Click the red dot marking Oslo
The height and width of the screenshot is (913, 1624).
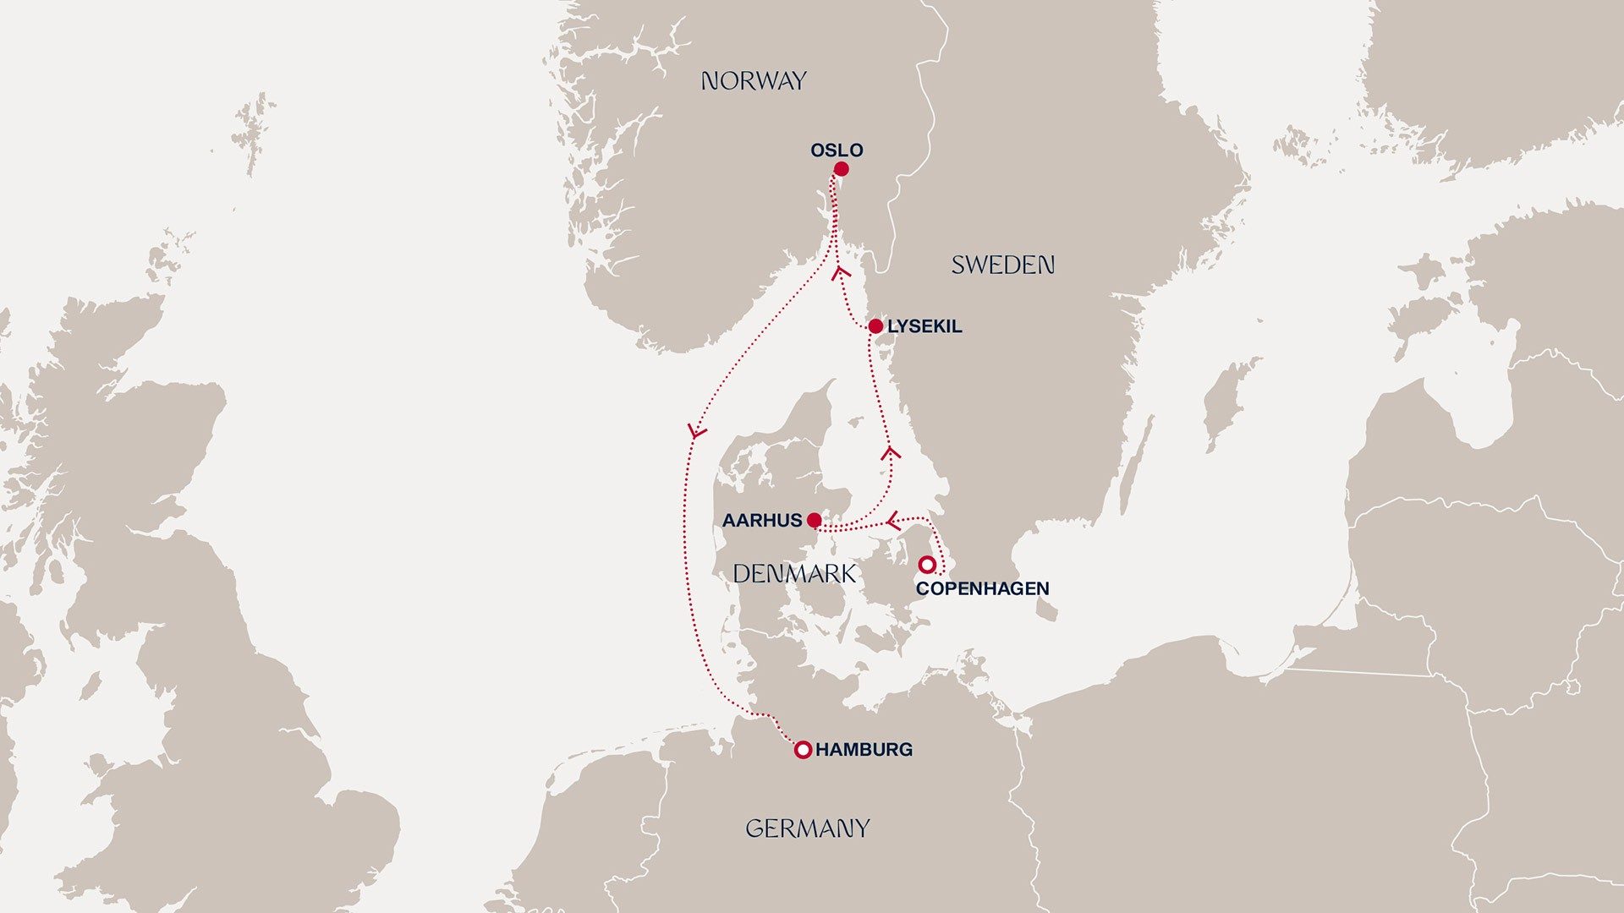(841, 169)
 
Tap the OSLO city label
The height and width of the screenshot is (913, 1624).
(837, 150)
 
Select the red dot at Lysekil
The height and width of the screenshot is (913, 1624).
(875, 326)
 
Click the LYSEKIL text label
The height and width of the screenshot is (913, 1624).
(924, 326)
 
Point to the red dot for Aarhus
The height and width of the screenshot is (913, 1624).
(814, 520)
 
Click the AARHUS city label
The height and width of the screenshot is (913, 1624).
(761, 521)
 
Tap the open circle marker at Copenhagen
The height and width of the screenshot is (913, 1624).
(927, 564)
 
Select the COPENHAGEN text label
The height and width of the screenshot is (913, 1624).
(982, 588)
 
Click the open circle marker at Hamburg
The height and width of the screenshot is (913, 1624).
(804, 749)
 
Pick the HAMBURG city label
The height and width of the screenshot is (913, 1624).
(864, 749)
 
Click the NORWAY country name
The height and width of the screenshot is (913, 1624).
(754, 81)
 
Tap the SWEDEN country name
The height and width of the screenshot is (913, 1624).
(1002, 265)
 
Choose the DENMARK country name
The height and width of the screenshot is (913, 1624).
(794, 574)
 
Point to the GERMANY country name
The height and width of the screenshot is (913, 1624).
(807, 828)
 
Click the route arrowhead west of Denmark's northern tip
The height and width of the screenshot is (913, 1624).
(695, 432)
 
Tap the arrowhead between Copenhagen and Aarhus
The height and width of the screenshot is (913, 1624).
(892, 519)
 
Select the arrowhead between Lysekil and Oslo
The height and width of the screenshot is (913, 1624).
(842, 272)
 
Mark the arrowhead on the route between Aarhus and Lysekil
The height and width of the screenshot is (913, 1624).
(890, 453)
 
